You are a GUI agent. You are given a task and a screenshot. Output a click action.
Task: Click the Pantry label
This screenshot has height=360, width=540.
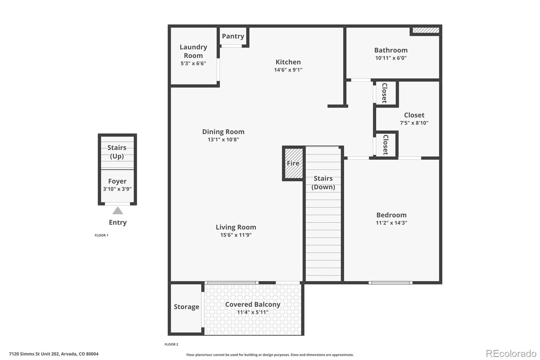pos(233,36)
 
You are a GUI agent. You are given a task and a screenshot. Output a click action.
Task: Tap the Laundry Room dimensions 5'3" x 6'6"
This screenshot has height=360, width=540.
pos(193,63)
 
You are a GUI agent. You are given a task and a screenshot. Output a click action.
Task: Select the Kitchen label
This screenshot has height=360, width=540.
pos(288,62)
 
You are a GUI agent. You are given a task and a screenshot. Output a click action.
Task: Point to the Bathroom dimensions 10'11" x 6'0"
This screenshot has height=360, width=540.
pos(391,58)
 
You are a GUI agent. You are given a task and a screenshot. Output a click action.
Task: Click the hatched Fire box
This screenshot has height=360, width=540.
pos(293,163)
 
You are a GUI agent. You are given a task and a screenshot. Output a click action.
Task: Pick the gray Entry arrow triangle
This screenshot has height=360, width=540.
pos(117,211)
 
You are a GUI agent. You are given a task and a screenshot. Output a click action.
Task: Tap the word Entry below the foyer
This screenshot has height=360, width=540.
pos(117,223)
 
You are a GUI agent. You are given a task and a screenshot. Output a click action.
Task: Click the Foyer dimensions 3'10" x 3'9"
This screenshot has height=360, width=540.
pos(117,189)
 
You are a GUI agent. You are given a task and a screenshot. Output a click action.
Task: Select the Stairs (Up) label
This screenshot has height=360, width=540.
pos(117,152)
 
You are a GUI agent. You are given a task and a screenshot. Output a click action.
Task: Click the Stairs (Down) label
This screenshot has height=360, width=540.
pos(323,182)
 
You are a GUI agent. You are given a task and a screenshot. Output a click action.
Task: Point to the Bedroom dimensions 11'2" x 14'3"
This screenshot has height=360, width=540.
pos(391,223)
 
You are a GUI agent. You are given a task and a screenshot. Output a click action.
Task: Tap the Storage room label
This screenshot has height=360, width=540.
pos(186,307)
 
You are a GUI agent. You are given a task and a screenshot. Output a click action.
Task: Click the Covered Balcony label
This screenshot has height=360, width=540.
pos(252,304)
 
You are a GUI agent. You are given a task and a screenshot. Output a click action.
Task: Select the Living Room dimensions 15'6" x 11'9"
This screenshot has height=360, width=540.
pos(236,235)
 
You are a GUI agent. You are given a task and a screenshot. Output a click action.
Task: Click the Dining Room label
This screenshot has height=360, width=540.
pos(223,132)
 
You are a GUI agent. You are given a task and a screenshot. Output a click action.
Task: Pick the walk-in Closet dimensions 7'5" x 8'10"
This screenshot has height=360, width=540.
pos(414,123)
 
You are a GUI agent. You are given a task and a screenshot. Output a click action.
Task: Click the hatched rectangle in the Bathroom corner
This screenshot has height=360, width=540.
pos(426,30)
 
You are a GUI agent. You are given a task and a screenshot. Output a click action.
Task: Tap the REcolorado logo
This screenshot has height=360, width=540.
pos(511,353)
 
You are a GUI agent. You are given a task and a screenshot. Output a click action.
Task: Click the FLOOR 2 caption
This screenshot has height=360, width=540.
pos(171,344)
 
